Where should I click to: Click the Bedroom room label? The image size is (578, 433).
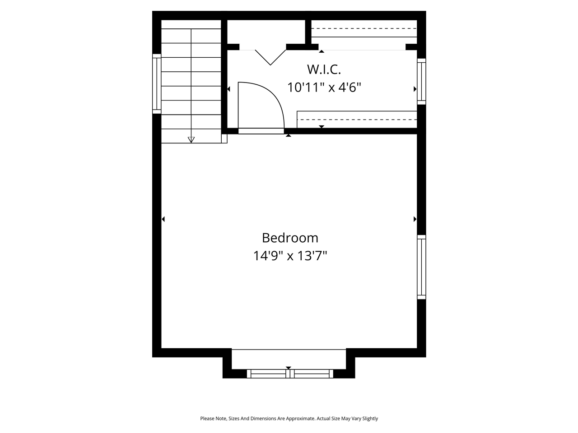coord(290,238)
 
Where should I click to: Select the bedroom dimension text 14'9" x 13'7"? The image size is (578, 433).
coord(290,256)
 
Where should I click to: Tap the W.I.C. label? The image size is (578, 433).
coord(324,69)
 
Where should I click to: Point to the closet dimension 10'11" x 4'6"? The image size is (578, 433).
coord(324,87)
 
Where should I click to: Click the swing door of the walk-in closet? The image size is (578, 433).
coord(261,106)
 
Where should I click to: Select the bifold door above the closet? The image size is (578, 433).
coord(270,56)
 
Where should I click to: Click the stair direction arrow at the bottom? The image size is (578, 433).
coord(191,140)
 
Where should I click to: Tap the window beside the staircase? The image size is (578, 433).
coord(157,83)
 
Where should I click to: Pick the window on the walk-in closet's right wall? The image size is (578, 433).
coord(421,82)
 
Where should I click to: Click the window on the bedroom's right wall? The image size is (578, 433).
coord(421,267)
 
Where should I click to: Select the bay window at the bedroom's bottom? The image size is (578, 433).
coord(289,373)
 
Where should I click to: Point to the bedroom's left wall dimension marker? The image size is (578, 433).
coord(163,219)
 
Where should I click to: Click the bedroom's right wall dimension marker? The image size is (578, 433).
coord(415,219)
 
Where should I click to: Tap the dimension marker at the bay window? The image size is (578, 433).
coord(289,368)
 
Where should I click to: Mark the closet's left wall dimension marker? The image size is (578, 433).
coord(228,89)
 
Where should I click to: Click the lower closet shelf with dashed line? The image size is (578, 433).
coord(357,120)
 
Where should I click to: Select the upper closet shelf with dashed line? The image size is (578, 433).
coord(364,29)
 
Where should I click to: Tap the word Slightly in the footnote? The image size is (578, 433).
coord(369,419)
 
